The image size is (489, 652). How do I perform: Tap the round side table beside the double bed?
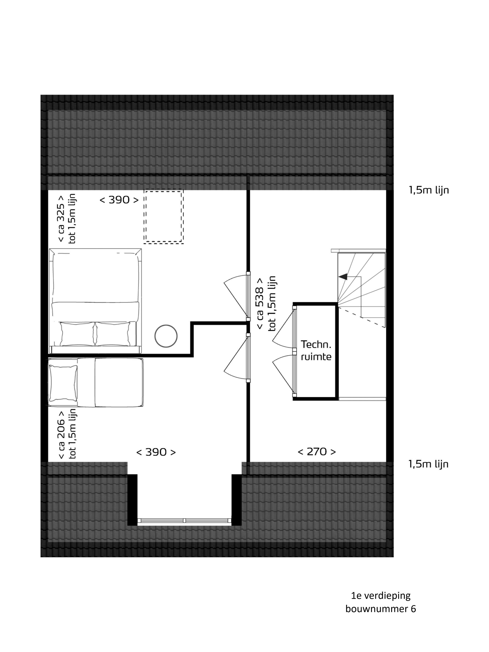pos(166,336)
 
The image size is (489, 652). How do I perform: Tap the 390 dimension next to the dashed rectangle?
pos(119,200)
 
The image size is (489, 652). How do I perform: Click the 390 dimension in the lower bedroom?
pos(156,452)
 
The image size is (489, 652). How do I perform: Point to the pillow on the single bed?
pos(63,383)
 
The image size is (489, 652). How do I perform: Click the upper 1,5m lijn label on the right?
pos(429,190)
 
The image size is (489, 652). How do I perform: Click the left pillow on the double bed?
pos(77,334)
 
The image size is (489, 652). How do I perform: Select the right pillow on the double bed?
pos(113,334)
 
